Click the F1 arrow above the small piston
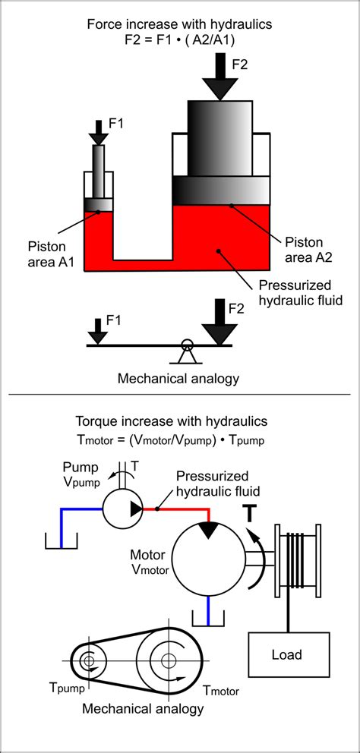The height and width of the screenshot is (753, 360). click(x=98, y=131)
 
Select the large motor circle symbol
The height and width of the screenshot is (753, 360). click(x=208, y=559)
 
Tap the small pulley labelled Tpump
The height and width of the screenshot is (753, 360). click(x=90, y=661)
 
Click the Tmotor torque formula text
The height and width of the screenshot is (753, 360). click(x=180, y=440)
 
